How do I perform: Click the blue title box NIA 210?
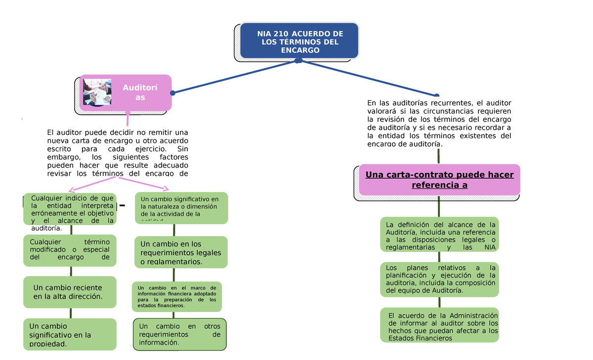coord(299,41)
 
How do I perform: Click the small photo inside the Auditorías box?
coord(97,92)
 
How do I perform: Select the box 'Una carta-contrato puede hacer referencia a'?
coord(439,180)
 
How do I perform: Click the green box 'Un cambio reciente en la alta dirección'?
coord(70,292)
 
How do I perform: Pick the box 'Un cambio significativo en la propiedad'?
coord(70,334)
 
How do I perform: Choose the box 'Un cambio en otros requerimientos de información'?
coord(180,334)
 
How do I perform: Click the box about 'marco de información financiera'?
coord(177,297)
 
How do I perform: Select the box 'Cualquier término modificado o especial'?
coord(70,250)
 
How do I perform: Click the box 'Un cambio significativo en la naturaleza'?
coord(181,207)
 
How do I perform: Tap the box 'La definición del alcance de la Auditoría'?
coord(439,235)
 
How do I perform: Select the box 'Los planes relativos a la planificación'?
coord(439,279)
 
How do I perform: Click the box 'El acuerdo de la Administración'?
coord(439,325)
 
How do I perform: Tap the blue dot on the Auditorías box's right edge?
coord(172,93)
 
